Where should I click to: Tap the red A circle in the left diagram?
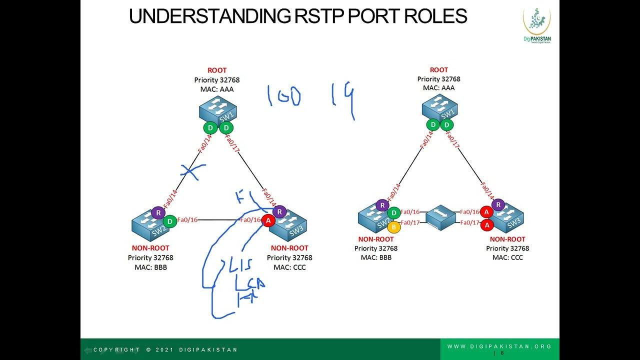(x=268, y=220)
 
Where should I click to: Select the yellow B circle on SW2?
(x=394, y=227)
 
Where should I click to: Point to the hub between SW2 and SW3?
(x=440, y=216)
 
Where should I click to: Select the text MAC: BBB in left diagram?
(x=150, y=267)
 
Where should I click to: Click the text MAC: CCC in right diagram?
(x=507, y=257)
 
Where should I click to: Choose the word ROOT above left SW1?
(x=217, y=70)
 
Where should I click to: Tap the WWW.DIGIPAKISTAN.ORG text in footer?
(x=499, y=346)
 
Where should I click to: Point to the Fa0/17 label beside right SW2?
(x=410, y=222)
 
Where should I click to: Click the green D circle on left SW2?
(x=170, y=220)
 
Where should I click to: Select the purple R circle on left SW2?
(x=158, y=212)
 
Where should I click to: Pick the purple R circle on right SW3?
(x=498, y=204)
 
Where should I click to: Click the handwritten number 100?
(x=283, y=96)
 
